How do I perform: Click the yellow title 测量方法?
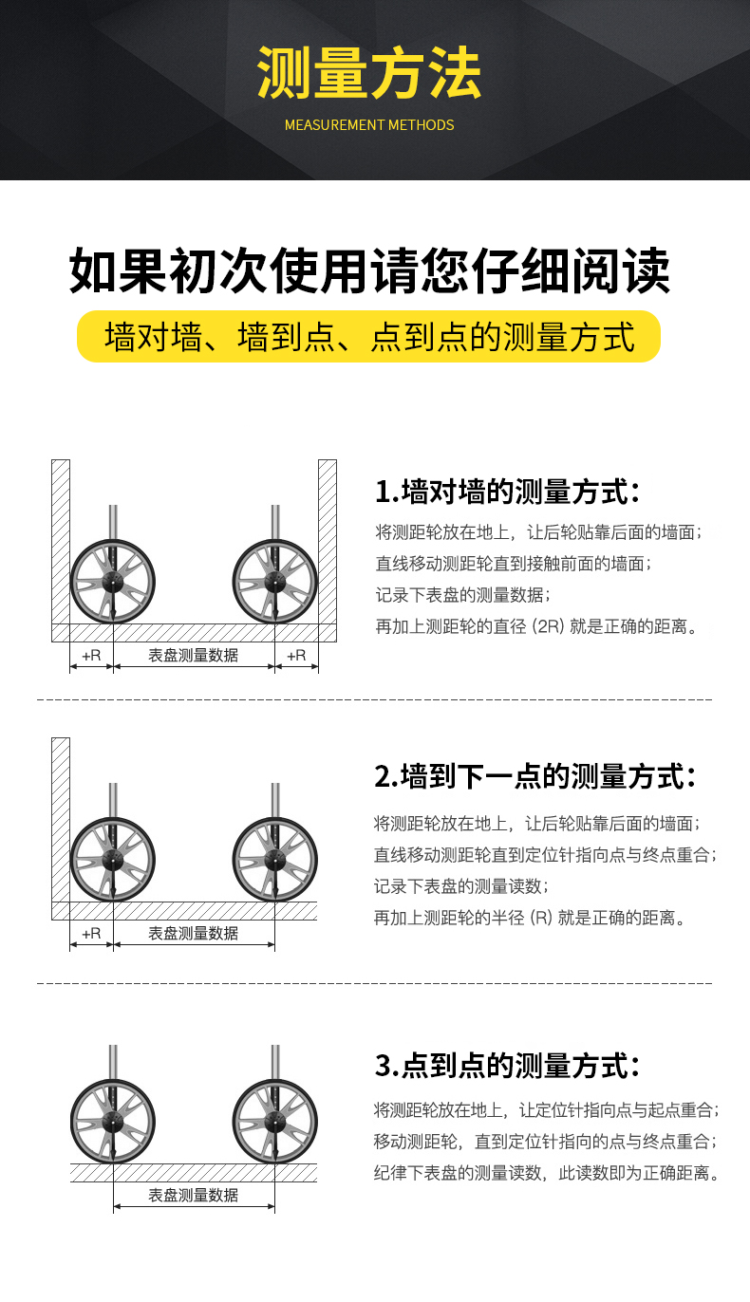[x=369, y=74]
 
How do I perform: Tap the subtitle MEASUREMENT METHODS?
[x=369, y=125]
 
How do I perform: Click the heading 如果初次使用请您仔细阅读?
[x=369, y=271]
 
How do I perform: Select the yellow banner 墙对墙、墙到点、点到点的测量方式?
[x=369, y=337]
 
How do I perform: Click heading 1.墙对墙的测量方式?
[x=507, y=492]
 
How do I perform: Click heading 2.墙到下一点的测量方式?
[x=535, y=775]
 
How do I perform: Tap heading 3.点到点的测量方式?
[x=507, y=1065]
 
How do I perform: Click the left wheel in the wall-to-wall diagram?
[x=113, y=581]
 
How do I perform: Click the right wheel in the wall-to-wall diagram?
[x=275, y=581]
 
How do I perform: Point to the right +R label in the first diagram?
[x=296, y=655]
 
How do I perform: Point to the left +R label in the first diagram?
[x=91, y=655]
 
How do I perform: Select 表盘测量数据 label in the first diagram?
[x=194, y=655]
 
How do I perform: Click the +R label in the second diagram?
[x=91, y=933]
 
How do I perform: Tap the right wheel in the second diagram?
[x=275, y=859]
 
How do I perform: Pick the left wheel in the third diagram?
[x=113, y=1121]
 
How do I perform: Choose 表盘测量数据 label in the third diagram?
[x=194, y=1195]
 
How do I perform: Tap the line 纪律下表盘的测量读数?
[x=546, y=1173]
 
